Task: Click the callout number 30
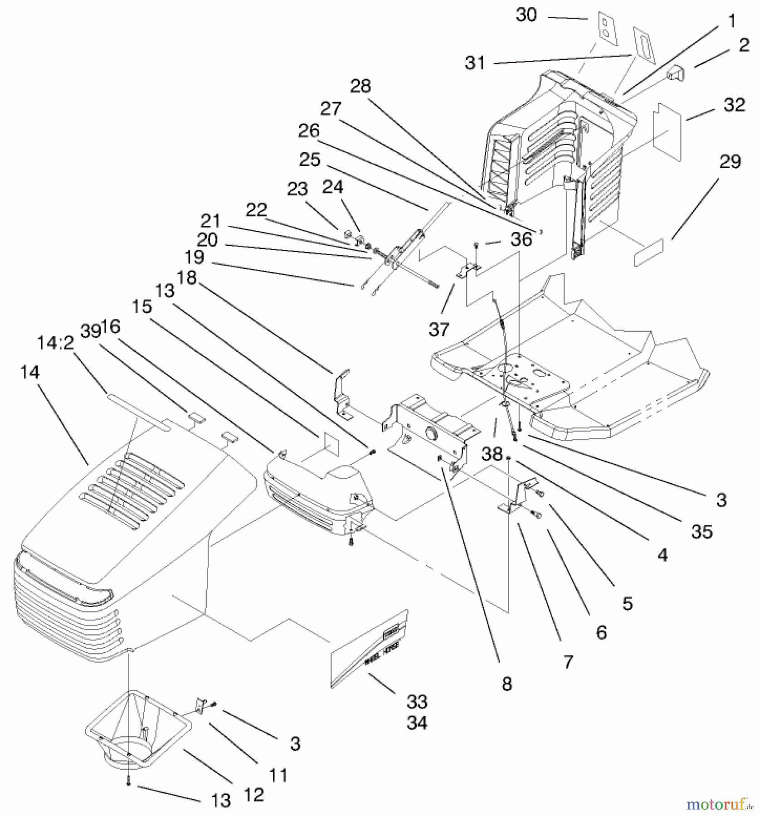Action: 526,15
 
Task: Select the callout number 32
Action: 734,105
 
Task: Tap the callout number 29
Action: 730,162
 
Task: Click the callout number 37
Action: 438,330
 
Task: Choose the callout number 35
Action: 702,532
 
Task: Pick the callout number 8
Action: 507,684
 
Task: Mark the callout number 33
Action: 417,702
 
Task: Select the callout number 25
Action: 310,160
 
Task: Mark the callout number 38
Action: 491,453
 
